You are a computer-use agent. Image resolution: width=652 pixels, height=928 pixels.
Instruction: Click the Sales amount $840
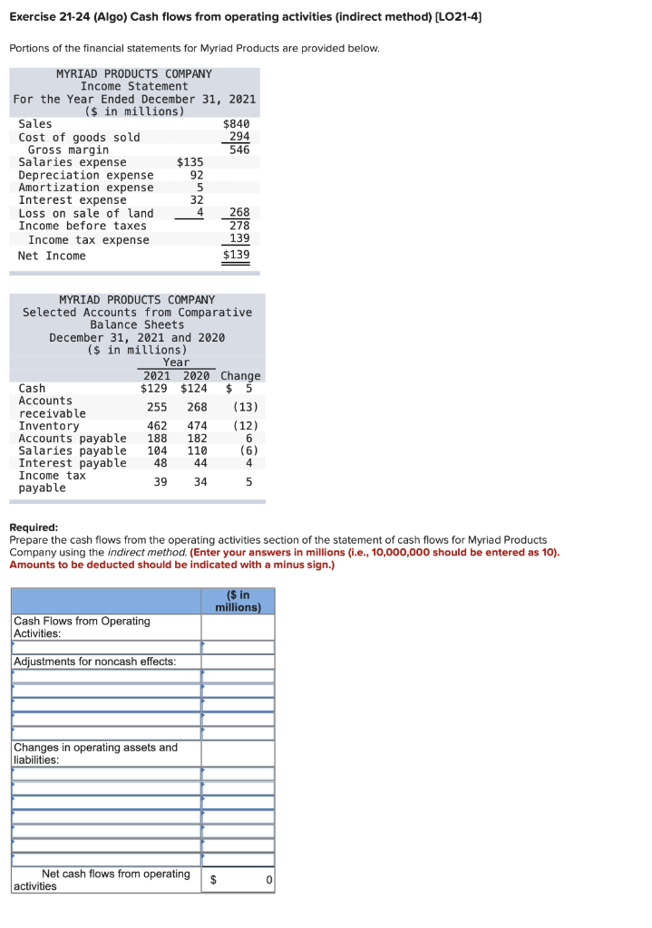coord(236,124)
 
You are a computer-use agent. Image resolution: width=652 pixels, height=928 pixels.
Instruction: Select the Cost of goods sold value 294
coord(239,137)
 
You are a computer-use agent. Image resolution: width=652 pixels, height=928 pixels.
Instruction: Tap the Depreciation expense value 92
coord(196,175)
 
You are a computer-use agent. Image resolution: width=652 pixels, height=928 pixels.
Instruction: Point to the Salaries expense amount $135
coord(190,162)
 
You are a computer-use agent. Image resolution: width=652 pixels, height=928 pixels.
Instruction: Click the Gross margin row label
coord(68,150)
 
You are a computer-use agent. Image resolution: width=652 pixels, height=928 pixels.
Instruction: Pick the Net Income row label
coord(52,256)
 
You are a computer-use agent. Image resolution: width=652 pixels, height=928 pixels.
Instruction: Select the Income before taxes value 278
coord(239,226)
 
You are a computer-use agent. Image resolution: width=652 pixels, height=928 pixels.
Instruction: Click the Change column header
coord(240,375)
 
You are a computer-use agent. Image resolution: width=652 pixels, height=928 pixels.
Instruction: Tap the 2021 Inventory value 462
coord(157,426)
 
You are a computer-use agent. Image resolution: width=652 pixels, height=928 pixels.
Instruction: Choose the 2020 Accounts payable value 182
coord(197,439)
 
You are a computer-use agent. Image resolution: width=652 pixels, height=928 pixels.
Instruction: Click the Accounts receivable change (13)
coord(245,407)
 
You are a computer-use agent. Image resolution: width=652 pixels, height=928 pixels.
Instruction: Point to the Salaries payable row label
coord(73,450)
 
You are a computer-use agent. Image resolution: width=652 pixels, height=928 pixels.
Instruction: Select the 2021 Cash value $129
coord(155,388)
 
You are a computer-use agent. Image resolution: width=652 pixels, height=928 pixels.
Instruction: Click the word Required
coord(33,527)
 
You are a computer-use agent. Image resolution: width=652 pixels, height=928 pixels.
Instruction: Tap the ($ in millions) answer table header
coord(238,601)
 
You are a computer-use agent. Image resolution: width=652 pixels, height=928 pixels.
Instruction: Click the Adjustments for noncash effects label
coord(95,662)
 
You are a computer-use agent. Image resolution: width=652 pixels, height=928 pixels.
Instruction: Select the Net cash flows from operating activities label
coord(102,879)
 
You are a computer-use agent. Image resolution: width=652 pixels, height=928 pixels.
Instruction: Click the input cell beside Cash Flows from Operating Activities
coord(238,627)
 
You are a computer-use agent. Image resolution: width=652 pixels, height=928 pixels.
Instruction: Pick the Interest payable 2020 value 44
coord(200,463)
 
